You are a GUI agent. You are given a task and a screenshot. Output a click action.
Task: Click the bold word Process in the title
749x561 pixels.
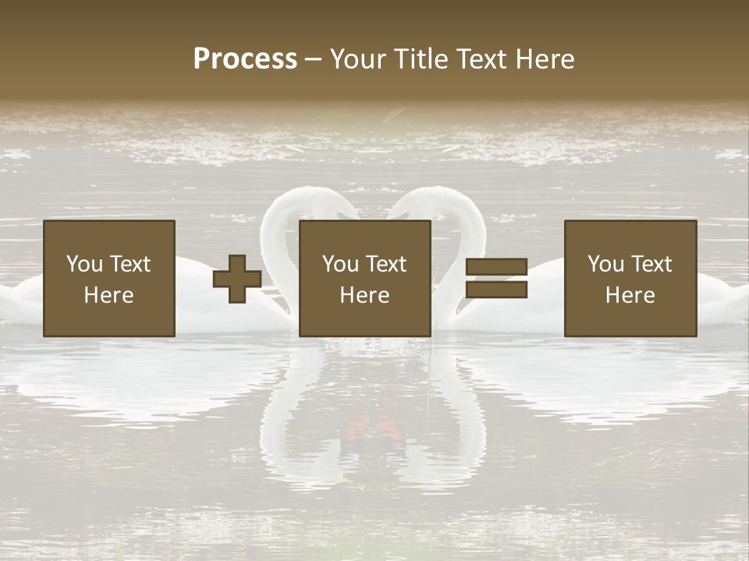point(245,59)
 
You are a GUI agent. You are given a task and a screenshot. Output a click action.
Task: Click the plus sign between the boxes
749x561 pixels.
point(237,279)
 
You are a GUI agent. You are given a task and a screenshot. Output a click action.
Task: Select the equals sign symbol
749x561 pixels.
point(496,279)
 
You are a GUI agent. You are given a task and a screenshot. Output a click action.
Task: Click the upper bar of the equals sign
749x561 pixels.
point(496,267)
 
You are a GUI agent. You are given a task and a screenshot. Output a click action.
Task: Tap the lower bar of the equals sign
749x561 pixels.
point(496,290)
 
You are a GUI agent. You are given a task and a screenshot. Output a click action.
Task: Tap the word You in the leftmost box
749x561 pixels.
point(83,264)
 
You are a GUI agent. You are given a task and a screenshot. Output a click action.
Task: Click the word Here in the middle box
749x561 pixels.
point(365,295)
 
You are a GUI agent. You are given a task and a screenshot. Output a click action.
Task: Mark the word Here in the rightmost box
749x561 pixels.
point(630,295)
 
